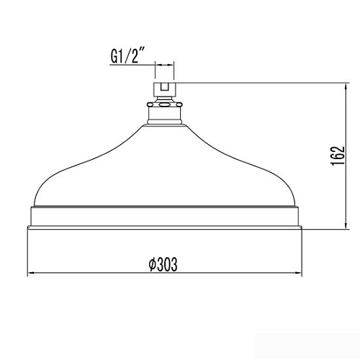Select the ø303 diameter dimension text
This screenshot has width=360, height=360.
[x=163, y=265]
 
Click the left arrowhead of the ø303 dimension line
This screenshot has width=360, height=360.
[x=32, y=274]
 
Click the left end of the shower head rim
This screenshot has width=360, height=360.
[x=29, y=219]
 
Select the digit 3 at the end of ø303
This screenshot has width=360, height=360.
[x=174, y=265]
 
